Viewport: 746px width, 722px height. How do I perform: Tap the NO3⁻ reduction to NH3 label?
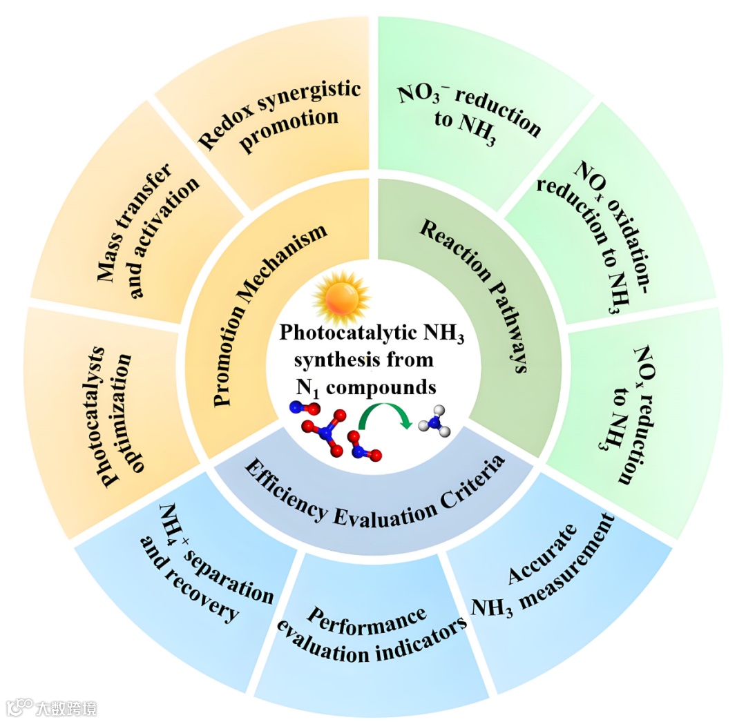(470, 110)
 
